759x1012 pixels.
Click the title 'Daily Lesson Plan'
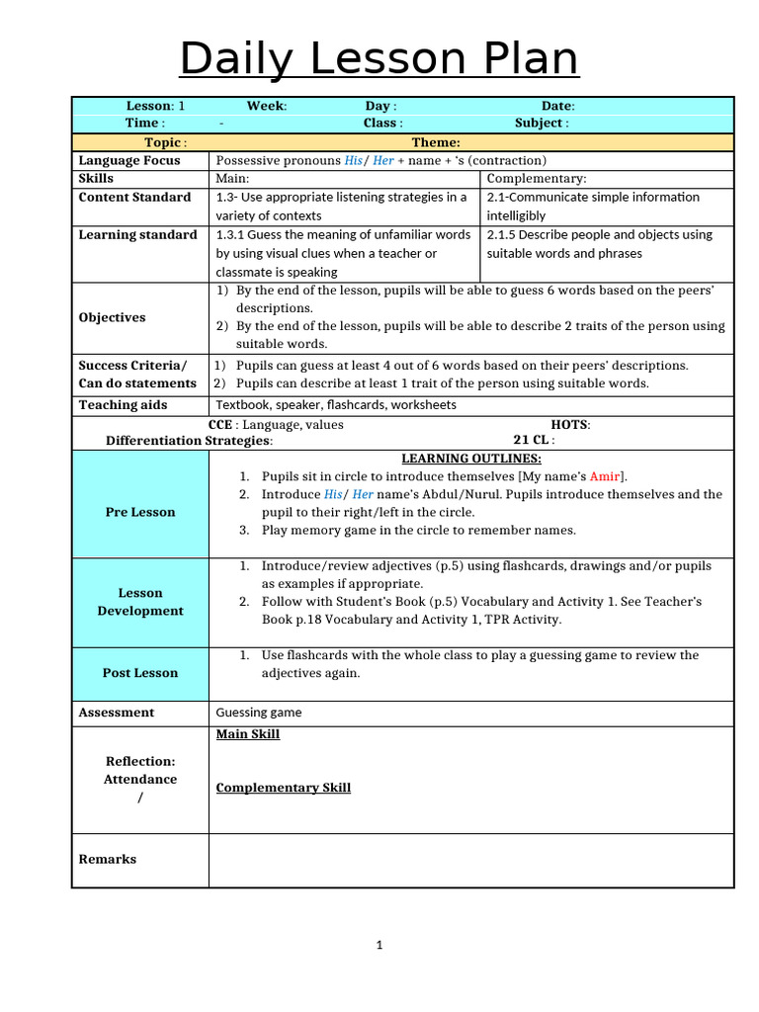point(379,58)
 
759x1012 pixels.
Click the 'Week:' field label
point(267,106)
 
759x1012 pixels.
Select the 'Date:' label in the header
point(557,106)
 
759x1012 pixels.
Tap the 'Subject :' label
point(542,124)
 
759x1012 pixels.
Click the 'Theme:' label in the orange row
point(436,142)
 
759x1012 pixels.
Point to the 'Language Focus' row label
point(129,160)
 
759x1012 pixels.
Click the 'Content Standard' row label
point(134,197)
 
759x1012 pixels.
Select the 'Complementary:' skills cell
point(537,179)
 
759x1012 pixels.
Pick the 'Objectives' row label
point(112,317)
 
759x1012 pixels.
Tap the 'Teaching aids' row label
point(123,405)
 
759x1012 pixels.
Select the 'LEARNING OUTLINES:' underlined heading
point(470,459)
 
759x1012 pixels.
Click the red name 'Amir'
point(606,476)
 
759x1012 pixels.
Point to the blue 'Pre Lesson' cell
point(139,512)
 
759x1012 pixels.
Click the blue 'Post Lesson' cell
point(139,673)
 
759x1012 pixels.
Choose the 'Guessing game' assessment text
point(259,713)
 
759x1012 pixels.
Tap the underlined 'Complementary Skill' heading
point(284,788)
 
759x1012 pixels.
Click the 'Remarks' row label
point(107,859)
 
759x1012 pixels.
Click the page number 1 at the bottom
point(379,946)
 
